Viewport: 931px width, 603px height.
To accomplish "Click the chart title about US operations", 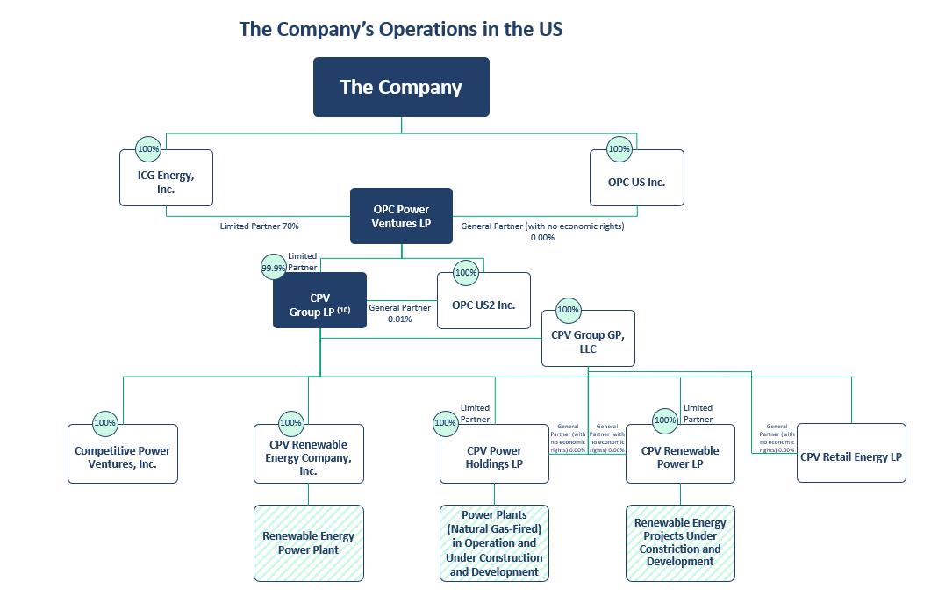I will (400, 29).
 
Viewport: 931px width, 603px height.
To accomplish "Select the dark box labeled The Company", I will (401, 87).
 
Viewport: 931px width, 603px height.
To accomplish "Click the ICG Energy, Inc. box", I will (166, 182).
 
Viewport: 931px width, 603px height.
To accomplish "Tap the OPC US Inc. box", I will (636, 182).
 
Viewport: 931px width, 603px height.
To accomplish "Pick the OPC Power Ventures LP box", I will (401, 216).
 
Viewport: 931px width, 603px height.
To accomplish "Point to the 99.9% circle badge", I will (274, 267).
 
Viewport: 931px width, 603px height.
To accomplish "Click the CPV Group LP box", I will (319, 304).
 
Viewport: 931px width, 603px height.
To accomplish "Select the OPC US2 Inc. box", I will (483, 305).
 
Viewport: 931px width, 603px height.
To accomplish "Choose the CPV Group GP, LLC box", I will (587, 341).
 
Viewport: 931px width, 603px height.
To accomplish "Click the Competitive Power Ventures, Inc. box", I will (123, 456).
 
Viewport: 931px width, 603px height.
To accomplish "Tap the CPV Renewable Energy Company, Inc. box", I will (308, 457).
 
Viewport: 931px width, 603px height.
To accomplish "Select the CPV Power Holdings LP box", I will (494, 457).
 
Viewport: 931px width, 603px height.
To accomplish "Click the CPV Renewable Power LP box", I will (680, 457).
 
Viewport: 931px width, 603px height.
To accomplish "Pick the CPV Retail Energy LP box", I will (850, 456).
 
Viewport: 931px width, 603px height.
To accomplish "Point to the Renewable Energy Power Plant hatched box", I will (308, 542).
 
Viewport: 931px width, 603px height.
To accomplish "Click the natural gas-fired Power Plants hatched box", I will (494, 542).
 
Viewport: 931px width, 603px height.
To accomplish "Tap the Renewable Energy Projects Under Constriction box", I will (680, 542).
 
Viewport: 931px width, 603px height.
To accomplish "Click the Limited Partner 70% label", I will (259, 226).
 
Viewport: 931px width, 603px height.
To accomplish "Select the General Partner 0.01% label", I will (399, 313).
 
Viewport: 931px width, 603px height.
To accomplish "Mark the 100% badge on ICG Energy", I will (148, 149).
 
